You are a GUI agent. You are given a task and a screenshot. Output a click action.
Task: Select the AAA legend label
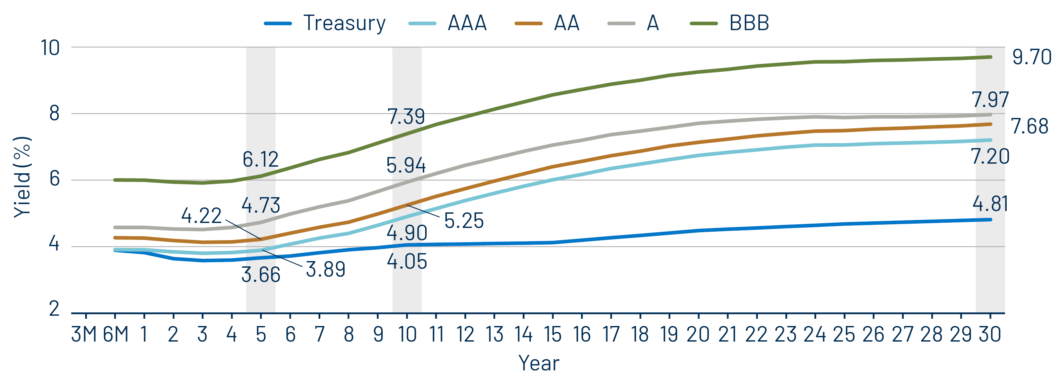[467, 23]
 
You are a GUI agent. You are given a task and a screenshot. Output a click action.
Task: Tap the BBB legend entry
[749, 23]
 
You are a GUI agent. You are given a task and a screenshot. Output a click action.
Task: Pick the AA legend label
[566, 23]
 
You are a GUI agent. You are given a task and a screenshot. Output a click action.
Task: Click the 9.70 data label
[1031, 57]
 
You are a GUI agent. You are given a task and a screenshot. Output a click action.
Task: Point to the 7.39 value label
[406, 117]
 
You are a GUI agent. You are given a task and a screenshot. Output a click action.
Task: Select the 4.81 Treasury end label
[990, 204]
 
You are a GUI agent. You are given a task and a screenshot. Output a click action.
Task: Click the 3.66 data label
[261, 275]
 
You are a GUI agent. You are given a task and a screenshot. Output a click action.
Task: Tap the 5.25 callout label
[464, 221]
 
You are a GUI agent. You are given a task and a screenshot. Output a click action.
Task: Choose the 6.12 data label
[260, 159]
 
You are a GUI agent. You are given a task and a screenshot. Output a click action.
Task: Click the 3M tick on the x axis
[84, 334]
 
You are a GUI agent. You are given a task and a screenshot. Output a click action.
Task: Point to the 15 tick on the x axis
[553, 334]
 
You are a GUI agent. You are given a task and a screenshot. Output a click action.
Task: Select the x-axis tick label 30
[990, 334]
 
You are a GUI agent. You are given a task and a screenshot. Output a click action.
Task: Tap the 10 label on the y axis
[50, 48]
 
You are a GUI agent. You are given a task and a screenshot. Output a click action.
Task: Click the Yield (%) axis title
[23, 177]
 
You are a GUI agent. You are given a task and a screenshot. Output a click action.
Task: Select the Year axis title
[539, 363]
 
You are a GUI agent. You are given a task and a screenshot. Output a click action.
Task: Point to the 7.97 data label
[990, 100]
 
